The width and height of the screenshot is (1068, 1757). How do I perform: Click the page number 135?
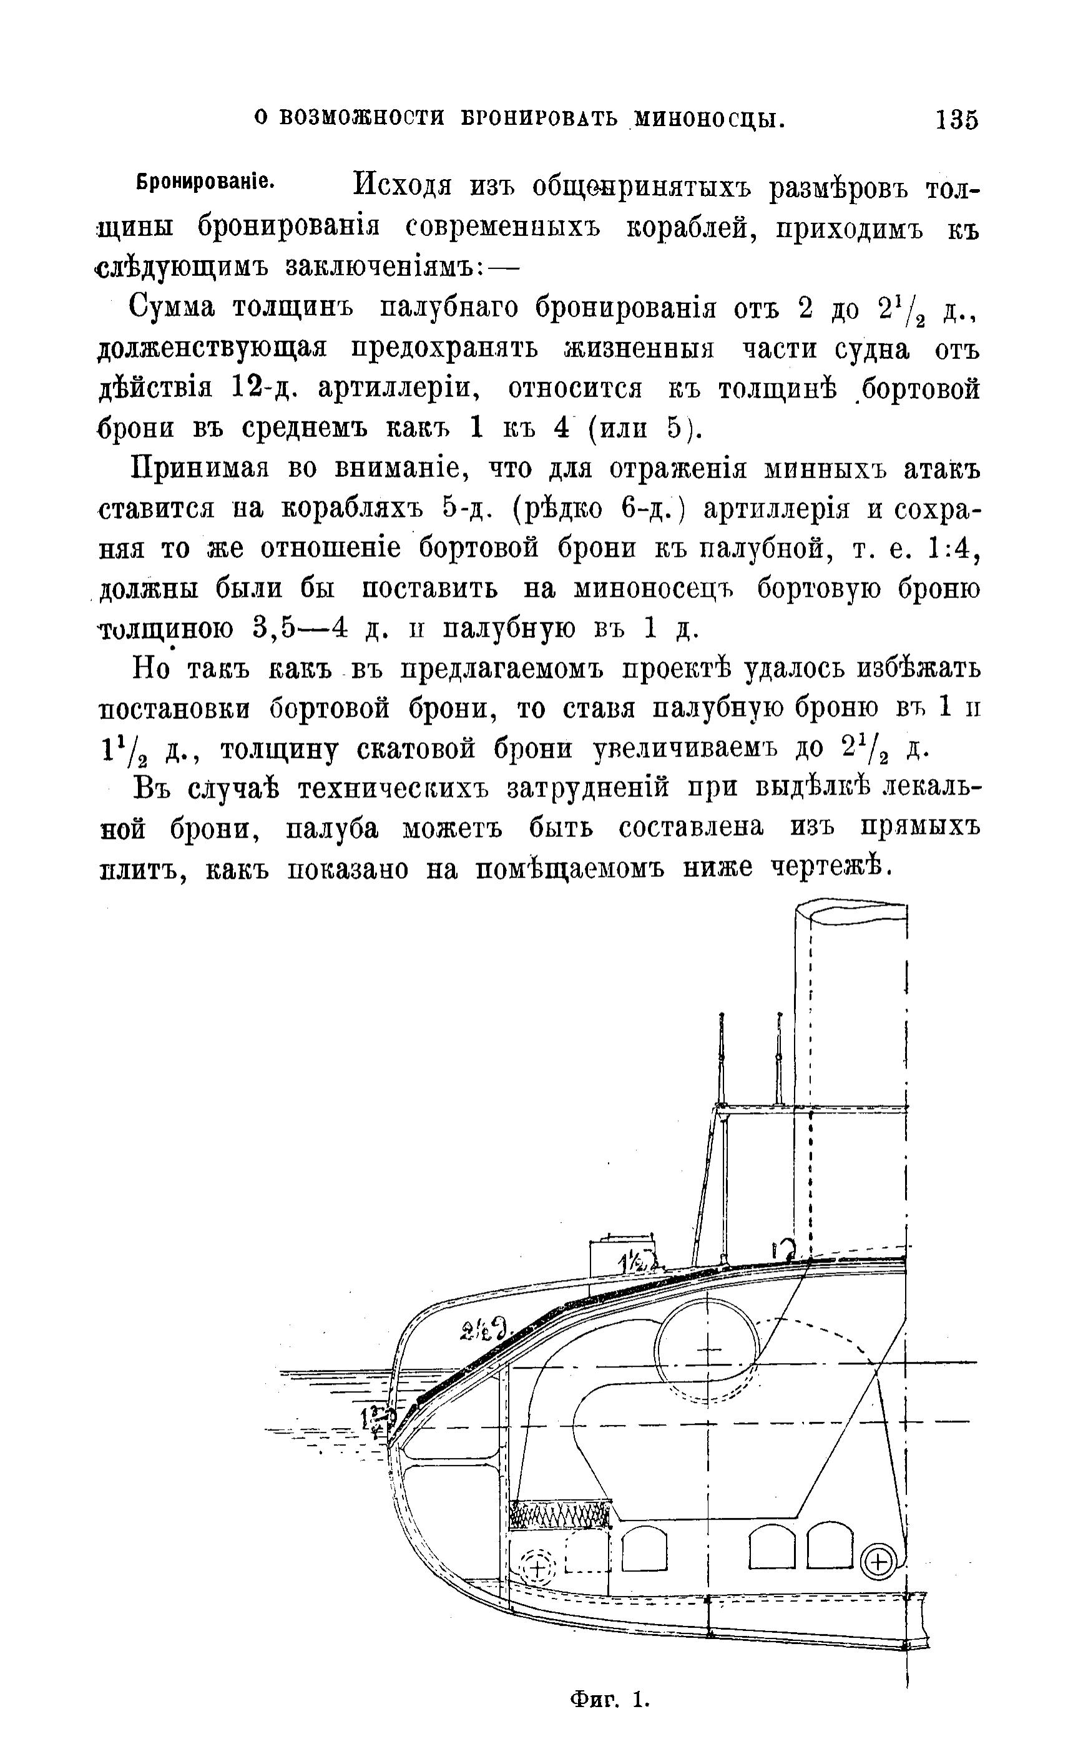coord(957,119)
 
